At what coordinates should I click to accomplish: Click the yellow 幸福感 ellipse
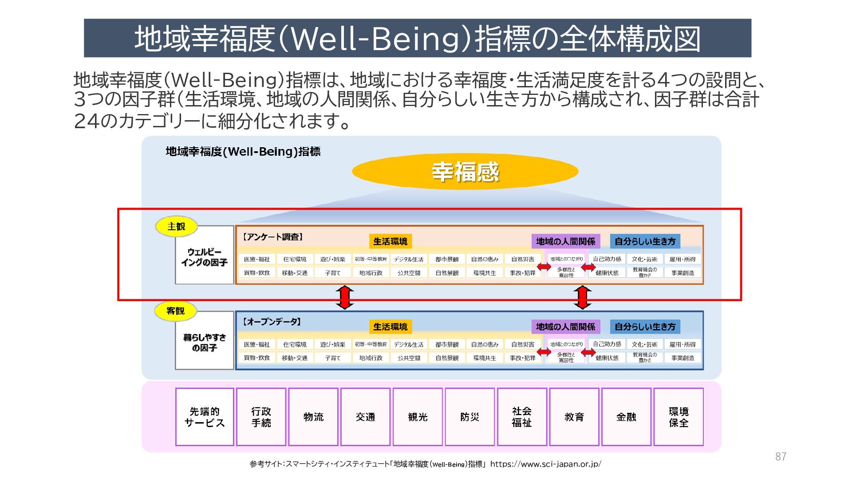pyautogui.click(x=465, y=172)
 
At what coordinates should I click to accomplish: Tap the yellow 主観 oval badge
pyautogui.click(x=176, y=227)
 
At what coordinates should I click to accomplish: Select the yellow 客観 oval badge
pyautogui.click(x=176, y=311)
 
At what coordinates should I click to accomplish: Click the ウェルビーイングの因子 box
pyautogui.click(x=204, y=257)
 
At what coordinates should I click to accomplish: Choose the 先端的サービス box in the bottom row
pyautogui.click(x=205, y=417)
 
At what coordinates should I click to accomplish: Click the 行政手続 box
pyautogui.click(x=261, y=417)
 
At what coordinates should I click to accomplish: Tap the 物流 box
pyautogui.click(x=313, y=417)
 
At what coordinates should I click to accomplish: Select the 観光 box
pyautogui.click(x=418, y=417)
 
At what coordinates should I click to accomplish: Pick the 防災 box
pyautogui.click(x=469, y=417)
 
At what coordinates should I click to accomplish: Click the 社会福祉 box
pyautogui.click(x=522, y=417)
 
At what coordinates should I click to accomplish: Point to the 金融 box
pyautogui.click(x=626, y=417)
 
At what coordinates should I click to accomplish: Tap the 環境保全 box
pyautogui.click(x=678, y=417)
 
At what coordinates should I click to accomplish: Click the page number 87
pyautogui.click(x=781, y=456)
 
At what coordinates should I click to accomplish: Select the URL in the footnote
pyautogui.click(x=545, y=464)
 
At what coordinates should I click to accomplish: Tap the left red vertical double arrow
pyautogui.click(x=345, y=297)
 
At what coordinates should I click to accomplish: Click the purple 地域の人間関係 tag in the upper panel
pyautogui.click(x=565, y=241)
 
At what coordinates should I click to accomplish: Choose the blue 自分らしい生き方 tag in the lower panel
pyautogui.click(x=645, y=327)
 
